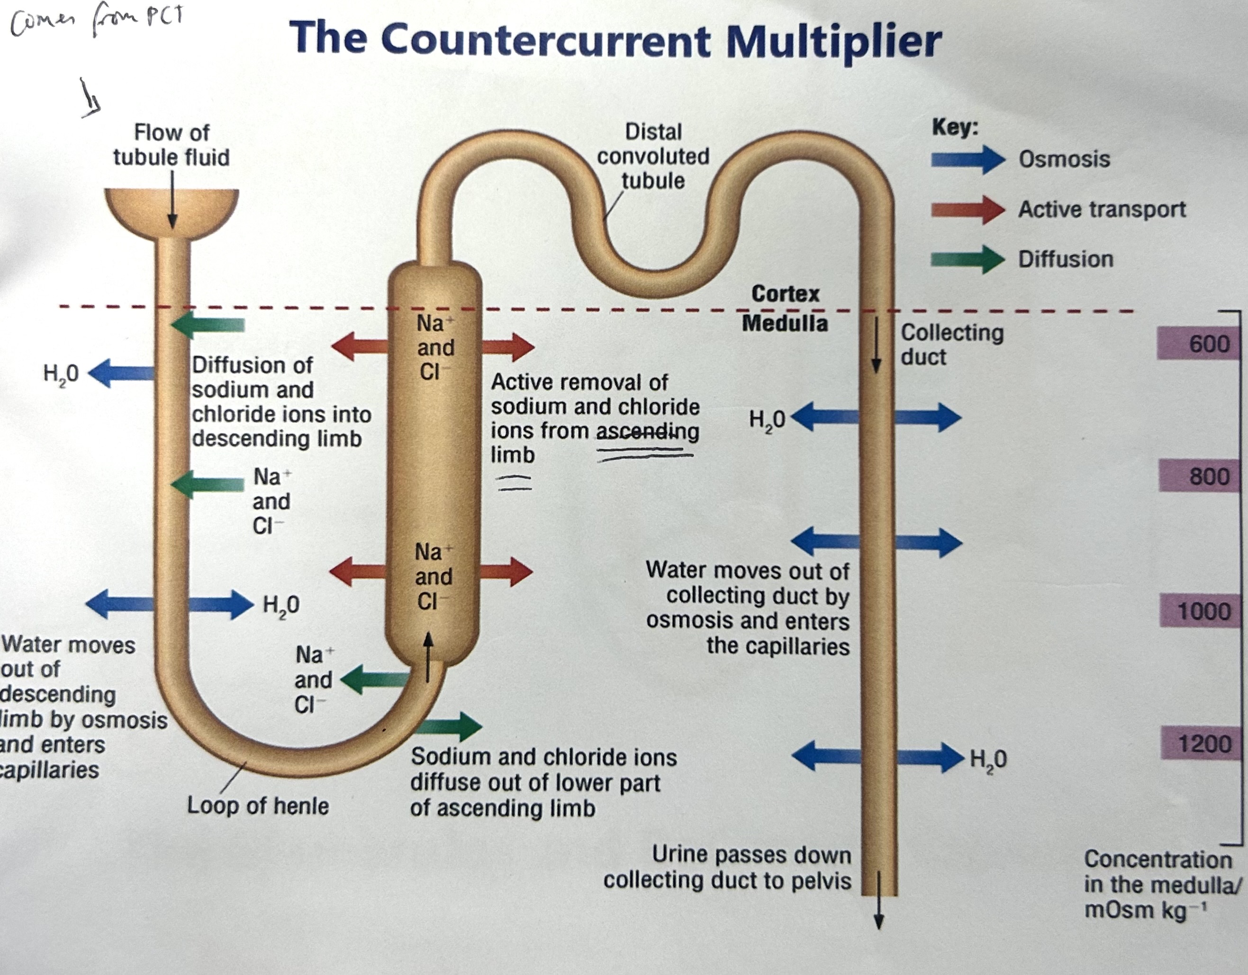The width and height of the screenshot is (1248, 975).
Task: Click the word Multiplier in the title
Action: click(833, 41)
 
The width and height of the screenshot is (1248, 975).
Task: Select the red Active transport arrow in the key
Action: click(967, 209)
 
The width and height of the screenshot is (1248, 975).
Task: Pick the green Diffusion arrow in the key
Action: click(967, 259)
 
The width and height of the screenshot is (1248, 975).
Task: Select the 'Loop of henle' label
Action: click(258, 806)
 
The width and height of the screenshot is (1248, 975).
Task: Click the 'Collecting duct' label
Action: click(951, 344)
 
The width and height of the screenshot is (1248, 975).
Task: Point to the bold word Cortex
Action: click(785, 294)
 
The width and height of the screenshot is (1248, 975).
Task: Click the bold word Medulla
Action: click(785, 323)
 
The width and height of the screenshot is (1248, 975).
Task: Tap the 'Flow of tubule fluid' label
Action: click(172, 144)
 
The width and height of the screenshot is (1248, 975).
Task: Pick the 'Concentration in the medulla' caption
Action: click(1160, 884)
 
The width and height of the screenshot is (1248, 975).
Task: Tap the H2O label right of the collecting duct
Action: click(988, 759)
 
